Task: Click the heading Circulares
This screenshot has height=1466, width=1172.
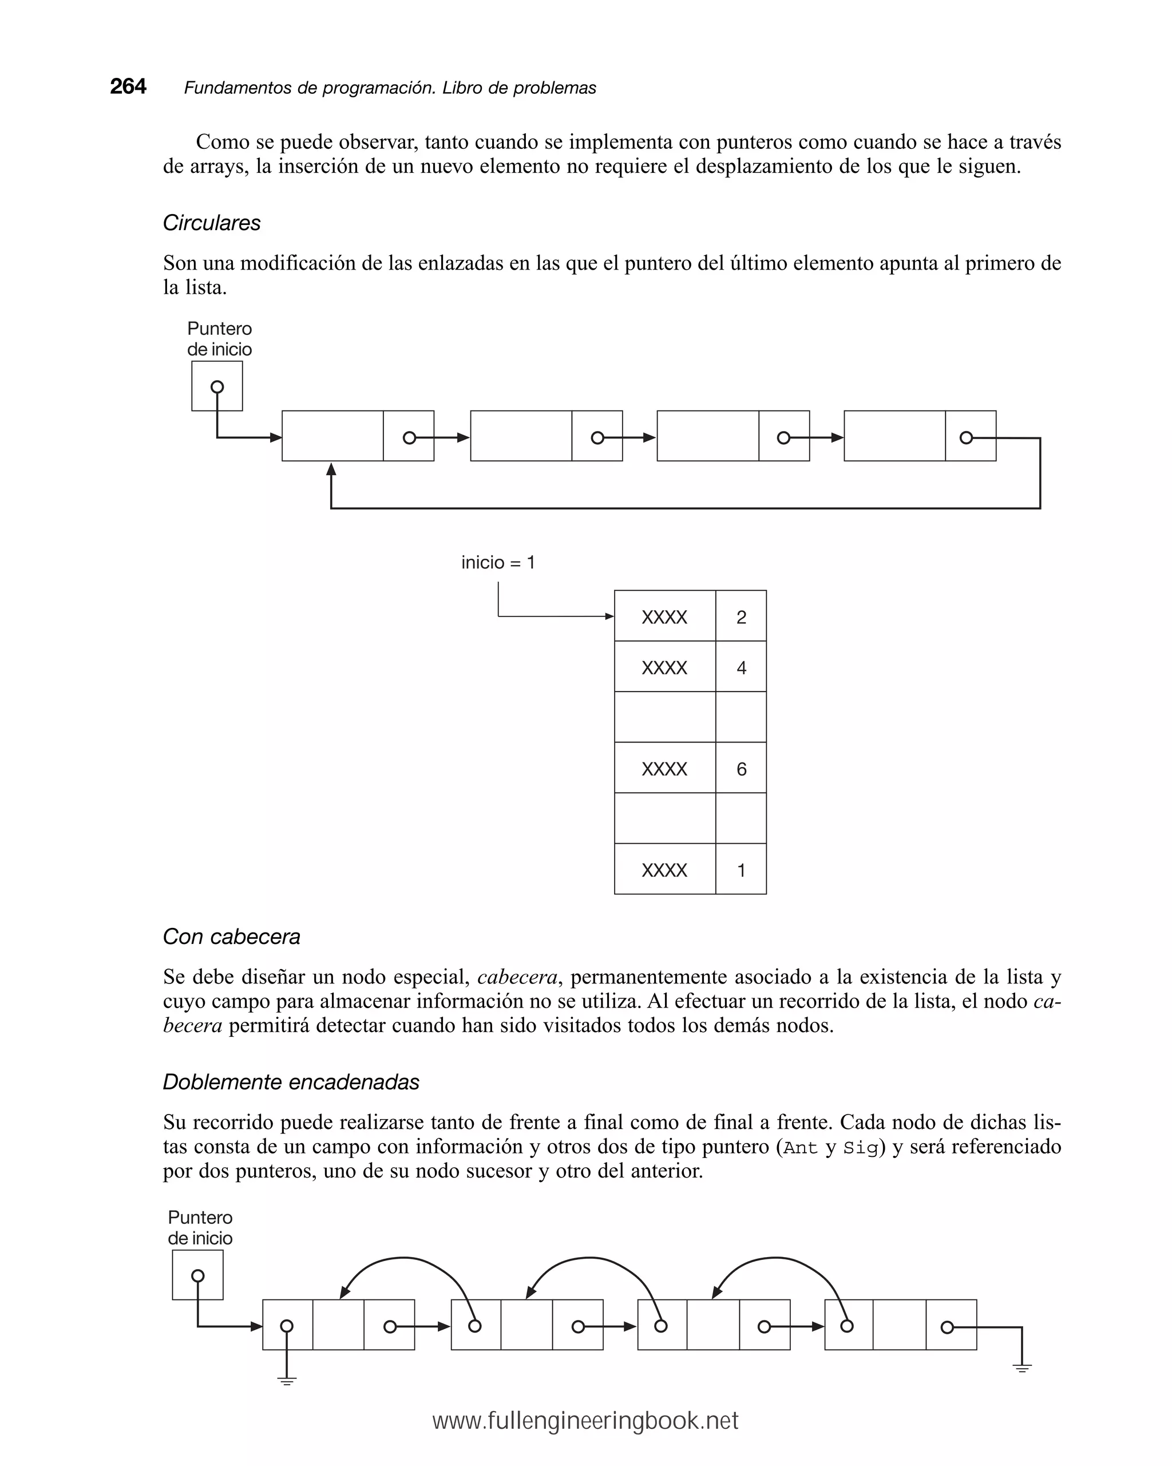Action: click(211, 223)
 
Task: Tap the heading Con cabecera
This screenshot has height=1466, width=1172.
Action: click(231, 936)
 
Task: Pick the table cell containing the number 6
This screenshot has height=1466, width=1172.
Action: click(741, 768)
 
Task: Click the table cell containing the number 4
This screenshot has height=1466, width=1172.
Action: click(741, 667)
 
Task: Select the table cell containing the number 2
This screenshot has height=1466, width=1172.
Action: click(741, 617)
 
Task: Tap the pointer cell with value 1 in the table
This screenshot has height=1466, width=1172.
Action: click(741, 870)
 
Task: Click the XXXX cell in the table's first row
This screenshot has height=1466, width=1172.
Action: click(664, 617)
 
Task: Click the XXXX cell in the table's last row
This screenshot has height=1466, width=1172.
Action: click(664, 870)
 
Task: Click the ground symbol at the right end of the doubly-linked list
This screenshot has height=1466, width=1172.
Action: click(1021, 1368)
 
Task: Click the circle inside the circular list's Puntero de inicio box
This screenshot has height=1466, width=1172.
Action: click(217, 387)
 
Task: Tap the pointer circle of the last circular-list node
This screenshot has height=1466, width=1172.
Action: click(966, 438)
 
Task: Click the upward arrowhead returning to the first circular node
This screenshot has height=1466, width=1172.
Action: click(331, 469)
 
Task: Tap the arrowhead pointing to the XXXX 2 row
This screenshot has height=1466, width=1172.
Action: click(610, 617)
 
